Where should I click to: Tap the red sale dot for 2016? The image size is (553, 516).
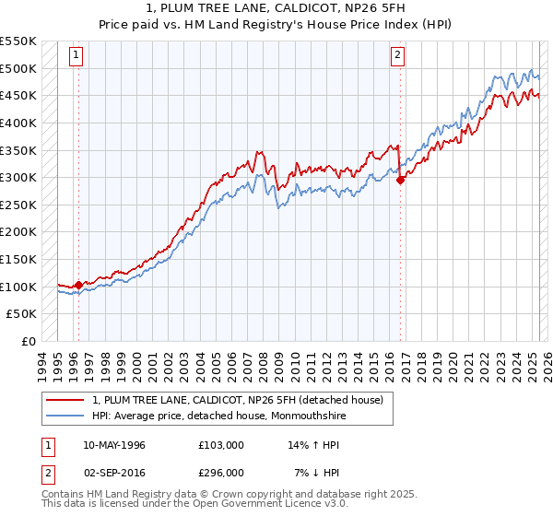[401, 181]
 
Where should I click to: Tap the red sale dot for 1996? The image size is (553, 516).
[78, 285]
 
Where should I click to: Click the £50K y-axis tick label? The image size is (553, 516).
[22, 314]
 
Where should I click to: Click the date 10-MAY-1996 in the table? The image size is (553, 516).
[114, 445]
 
